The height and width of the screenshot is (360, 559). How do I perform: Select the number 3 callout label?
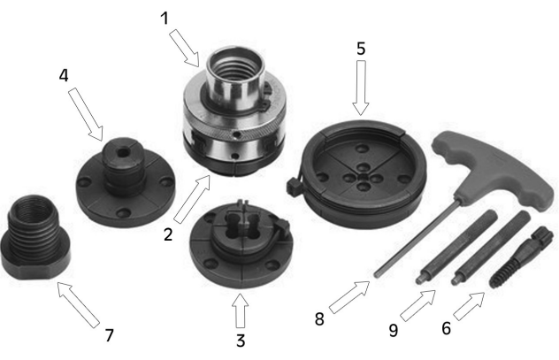239,339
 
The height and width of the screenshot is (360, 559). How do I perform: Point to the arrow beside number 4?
89,114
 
